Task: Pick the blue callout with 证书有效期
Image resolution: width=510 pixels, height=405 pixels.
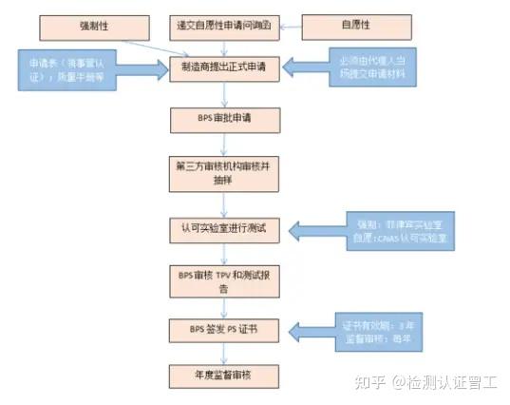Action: tap(369, 330)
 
